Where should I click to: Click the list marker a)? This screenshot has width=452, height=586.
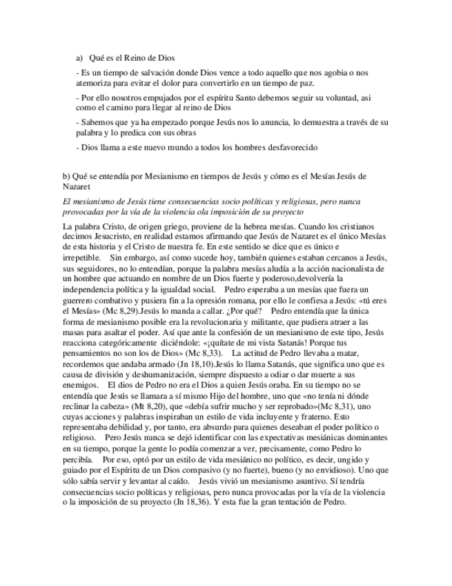(79, 59)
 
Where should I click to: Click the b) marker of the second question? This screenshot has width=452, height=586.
(66, 176)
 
